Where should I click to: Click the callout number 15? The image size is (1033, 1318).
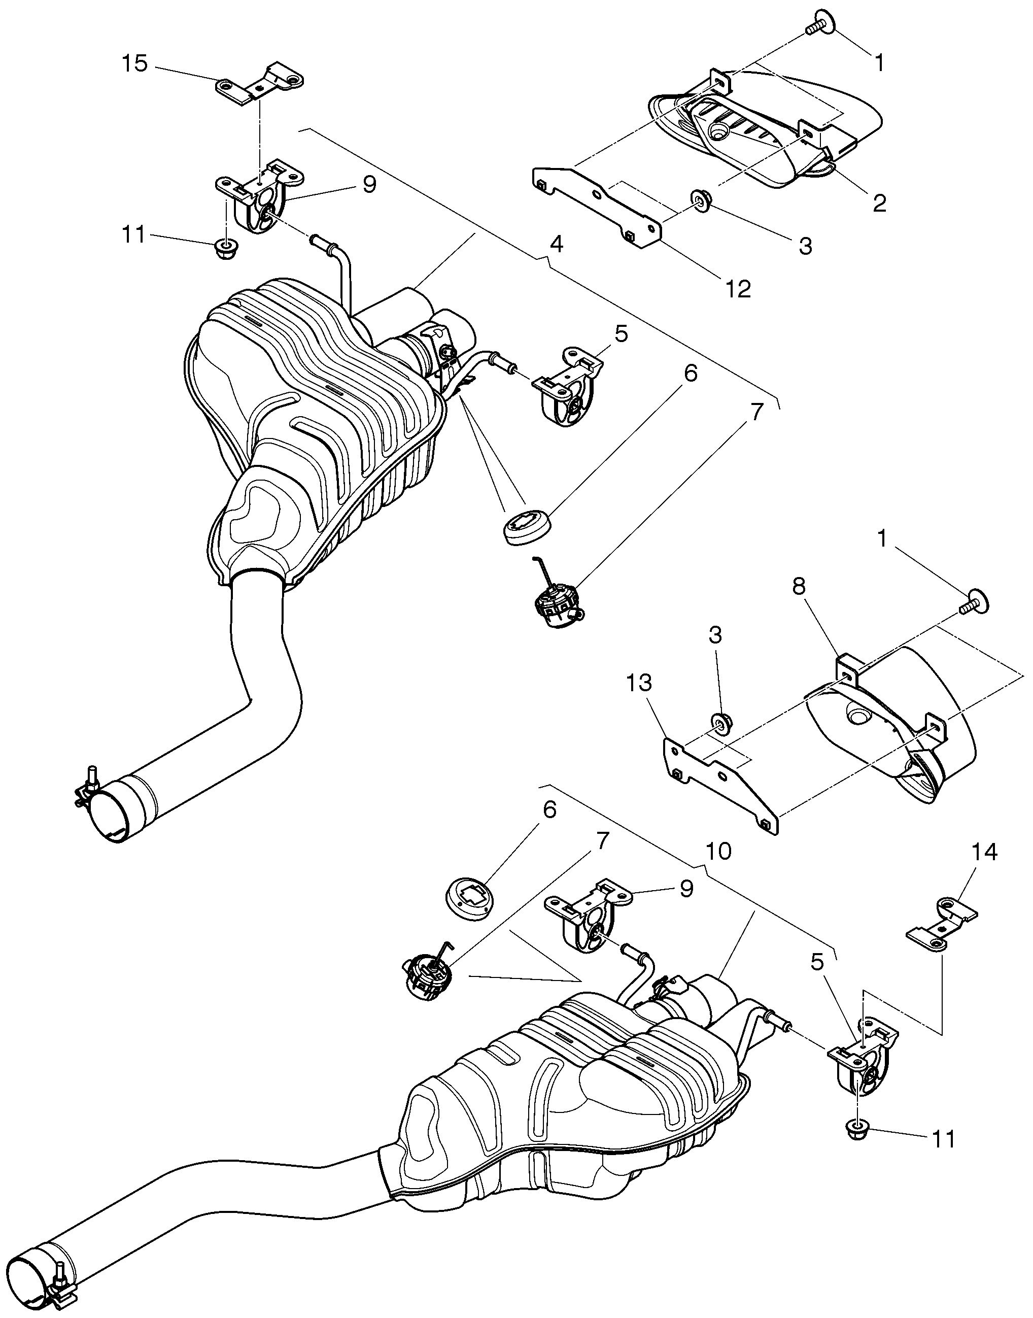click(134, 63)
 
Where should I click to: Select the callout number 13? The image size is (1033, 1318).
click(639, 683)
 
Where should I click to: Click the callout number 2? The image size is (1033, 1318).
click(879, 202)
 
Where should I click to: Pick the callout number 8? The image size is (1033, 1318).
click(799, 586)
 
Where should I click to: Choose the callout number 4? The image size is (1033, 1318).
click(557, 244)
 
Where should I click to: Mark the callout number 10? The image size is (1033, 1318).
click(718, 851)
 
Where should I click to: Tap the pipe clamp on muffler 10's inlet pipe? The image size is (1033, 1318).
click(60, 1287)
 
